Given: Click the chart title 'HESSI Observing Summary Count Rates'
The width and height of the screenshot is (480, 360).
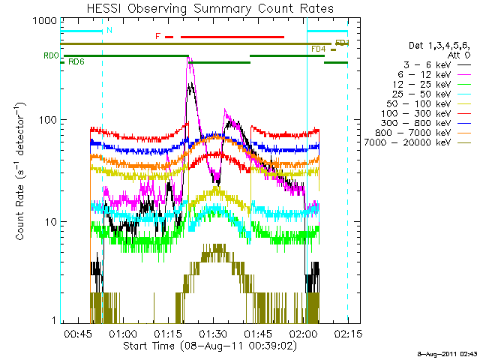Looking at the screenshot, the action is [210, 8].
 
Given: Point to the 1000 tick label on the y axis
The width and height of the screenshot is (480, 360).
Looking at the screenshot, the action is [45, 21].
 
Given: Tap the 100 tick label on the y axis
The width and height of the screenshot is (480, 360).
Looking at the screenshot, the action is [48, 119].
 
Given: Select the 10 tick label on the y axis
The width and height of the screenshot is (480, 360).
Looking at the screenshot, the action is [51, 222].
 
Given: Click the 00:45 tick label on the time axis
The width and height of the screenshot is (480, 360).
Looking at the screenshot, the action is [78, 333].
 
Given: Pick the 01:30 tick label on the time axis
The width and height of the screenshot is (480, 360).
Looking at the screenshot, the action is [213, 333].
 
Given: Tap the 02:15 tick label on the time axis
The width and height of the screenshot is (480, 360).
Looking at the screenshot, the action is [348, 333].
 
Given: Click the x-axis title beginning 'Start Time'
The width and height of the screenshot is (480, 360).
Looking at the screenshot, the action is [210, 346].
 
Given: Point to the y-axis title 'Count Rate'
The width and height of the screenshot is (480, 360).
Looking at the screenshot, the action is [20, 172].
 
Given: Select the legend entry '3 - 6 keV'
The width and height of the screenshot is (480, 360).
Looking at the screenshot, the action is [427, 65].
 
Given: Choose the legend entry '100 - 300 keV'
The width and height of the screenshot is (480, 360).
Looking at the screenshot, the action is [415, 113].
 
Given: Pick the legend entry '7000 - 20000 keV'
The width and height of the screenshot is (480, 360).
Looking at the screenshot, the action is [407, 142].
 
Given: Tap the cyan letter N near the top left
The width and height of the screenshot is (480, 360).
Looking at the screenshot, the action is [109, 30].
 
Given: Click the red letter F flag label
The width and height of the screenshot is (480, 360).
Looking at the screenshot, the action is [158, 36].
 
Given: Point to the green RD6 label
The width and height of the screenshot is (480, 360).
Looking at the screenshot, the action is [76, 61].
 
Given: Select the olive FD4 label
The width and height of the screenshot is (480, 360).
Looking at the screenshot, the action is [318, 49].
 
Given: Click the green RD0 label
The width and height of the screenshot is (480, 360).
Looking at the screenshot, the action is [51, 55].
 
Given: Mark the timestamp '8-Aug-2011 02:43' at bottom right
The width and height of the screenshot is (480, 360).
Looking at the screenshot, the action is [447, 354].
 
